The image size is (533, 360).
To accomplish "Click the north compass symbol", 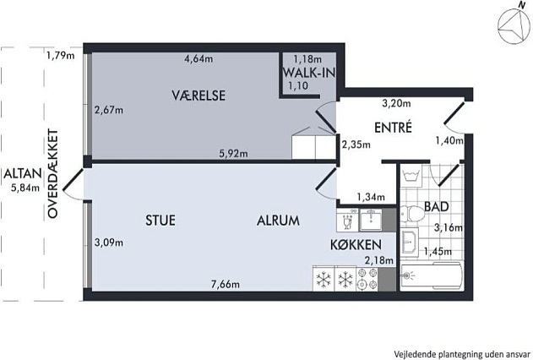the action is (x=514, y=26).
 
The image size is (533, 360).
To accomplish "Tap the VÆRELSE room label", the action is (x=199, y=95).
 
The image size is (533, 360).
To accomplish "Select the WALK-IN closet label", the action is (x=309, y=73).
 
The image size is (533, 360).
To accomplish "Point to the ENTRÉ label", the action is (x=393, y=127).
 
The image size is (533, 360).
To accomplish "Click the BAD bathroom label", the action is (x=437, y=206).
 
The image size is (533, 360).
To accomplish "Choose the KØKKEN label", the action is (x=356, y=245).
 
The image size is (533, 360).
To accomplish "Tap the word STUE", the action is (x=160, y=221).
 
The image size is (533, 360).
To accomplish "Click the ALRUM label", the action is (x=278, y=221).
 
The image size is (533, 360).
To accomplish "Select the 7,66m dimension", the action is (x=226, y=284).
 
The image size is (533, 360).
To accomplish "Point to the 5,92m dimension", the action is (x=233, y=154).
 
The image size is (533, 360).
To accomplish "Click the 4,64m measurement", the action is (x=199, y=59).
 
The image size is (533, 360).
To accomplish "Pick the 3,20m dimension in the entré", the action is (x=396, y=103).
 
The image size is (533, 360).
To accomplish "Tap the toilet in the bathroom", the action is (x=411, y=214).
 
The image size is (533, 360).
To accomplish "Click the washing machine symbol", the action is (x=411, y=176).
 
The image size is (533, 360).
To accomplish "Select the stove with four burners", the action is (x=367, y=279).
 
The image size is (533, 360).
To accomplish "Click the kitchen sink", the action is (x=371, y=220).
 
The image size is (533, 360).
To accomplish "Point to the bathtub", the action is (x=432, y=276).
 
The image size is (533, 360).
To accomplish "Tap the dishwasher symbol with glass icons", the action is (x=347, y=220).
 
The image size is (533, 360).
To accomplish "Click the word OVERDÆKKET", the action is (x=53, y=173).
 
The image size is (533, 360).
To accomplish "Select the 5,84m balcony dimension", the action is (x=25, y=188).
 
